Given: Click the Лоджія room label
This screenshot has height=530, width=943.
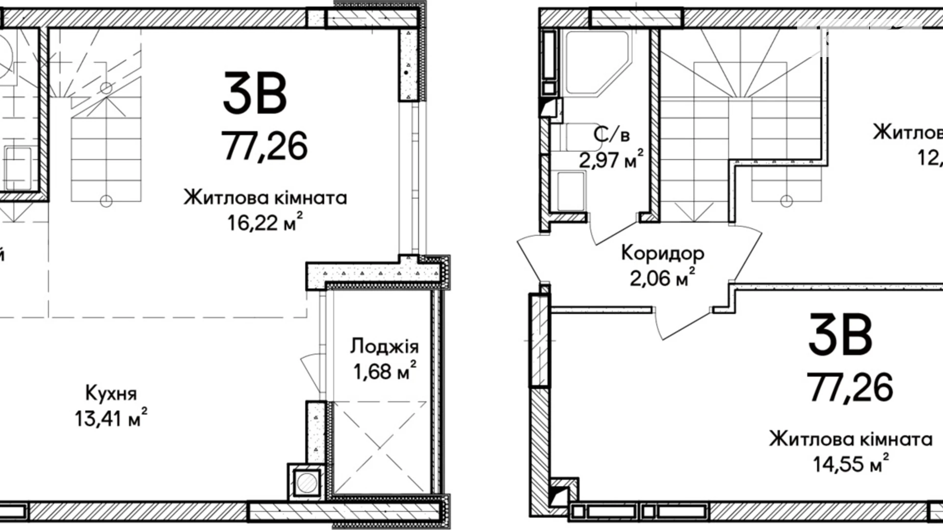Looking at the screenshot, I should [384, 347].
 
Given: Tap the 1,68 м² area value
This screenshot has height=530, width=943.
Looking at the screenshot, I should [384, 372].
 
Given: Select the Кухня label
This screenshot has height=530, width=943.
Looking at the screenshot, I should [111, 393].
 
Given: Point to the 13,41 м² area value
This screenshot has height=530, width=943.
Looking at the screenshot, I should [111, 419].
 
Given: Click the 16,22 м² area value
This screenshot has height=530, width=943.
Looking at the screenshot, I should [265, 223].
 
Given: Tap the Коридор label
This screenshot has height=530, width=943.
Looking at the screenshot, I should [663, 253].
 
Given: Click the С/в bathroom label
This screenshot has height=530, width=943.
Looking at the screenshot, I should [612, 135].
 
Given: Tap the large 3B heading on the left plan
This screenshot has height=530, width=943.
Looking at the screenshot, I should [255, 94].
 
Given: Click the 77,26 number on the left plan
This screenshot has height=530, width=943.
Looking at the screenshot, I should [265, 146].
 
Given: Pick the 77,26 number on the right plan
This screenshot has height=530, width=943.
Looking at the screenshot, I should [850, 387].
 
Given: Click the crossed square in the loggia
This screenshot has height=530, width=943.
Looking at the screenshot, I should [380, 447].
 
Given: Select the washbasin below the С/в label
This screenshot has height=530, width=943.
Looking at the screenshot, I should [570, 192].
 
